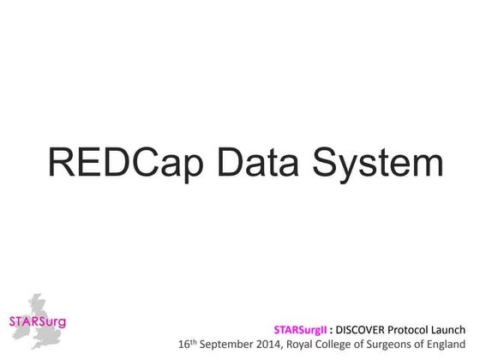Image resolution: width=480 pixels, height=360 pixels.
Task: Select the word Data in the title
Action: (251, 162)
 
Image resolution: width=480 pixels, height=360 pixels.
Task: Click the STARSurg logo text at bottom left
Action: (36, 322)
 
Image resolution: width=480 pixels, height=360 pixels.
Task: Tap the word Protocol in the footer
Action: (417, 328)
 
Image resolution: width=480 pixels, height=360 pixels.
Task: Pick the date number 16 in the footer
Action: (183, 345)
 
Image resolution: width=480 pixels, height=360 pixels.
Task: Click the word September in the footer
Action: (225, 345)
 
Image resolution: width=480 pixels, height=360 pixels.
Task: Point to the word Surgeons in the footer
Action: (395, 345)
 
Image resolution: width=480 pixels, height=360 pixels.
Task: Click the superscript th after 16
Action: (194, 341)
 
